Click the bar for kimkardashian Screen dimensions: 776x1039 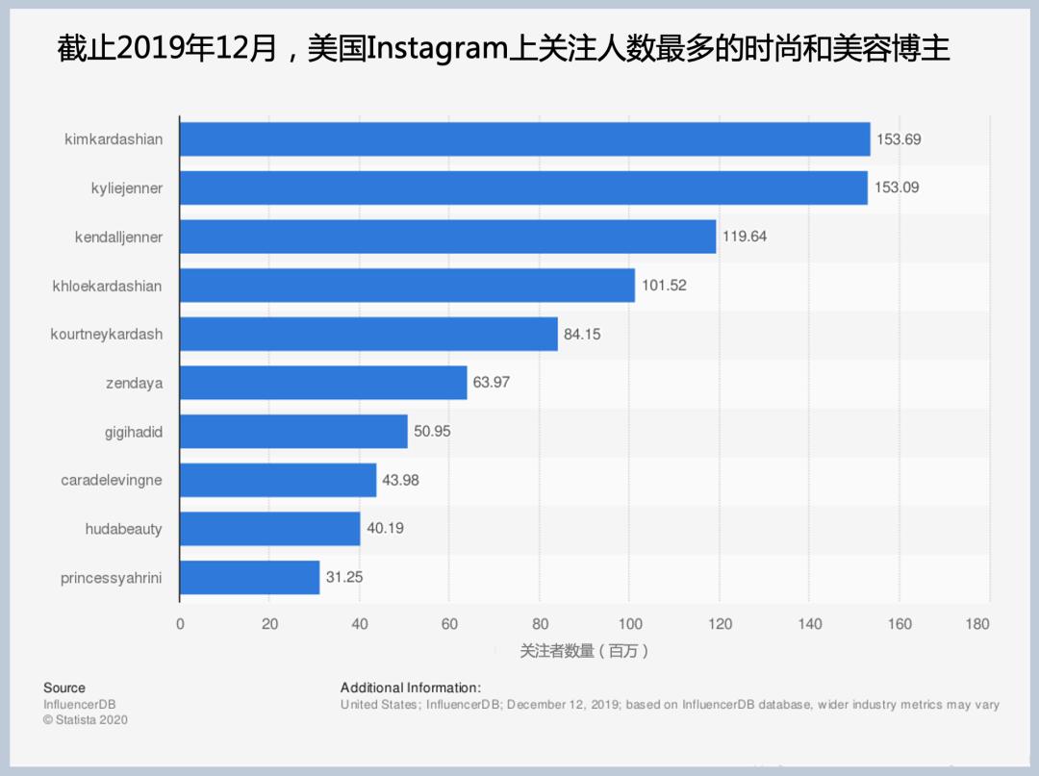524,139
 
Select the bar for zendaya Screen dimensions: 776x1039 323,383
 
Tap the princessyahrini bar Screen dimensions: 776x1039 249,577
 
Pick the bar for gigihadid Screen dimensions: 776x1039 293,432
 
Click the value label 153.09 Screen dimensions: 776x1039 897,188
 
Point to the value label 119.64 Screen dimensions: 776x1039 745,237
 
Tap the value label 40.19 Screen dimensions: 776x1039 384,529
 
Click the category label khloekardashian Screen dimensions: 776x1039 107,286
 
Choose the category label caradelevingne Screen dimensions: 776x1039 112,480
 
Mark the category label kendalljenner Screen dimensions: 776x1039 118,237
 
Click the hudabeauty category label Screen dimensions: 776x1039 123,529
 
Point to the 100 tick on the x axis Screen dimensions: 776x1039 629,624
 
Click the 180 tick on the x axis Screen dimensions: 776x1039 976,624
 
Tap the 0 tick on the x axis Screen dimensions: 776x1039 180,624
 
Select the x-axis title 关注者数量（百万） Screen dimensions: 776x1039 584,652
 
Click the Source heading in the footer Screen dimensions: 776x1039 64,688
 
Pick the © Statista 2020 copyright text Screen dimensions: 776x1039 86,719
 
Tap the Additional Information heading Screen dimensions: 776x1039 410,688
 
